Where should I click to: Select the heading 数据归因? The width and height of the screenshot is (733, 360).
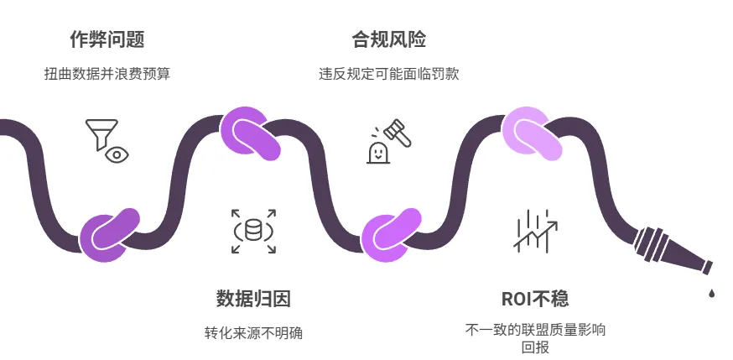point(253,299)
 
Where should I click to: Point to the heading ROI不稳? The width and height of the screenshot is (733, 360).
point(535,299)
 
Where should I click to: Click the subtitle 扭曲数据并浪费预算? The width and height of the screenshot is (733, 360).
point(107,74)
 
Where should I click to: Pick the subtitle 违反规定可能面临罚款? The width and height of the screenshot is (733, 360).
point(388,74)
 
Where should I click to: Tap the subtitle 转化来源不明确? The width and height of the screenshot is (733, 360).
point(253,333)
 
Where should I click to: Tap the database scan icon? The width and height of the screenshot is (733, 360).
point(253,230)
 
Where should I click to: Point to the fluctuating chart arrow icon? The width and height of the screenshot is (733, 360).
point(535,230)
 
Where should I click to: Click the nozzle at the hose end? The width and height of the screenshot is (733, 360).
point(671,252)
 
